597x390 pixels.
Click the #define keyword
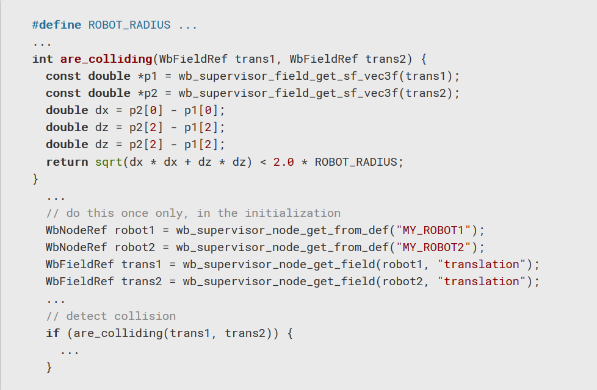point(57,25)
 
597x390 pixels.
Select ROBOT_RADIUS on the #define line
point(129,25)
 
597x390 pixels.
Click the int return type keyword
point(43,59)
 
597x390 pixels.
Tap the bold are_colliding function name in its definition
point(106,59)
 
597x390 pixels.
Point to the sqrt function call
point(109,161)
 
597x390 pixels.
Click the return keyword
point(67,161)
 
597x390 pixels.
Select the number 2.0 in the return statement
point(283,161)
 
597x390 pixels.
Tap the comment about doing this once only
point(193,213)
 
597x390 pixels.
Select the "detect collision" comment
point(110,316)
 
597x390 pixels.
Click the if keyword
point(52,333)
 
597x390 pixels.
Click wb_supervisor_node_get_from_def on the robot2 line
point(283,247)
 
